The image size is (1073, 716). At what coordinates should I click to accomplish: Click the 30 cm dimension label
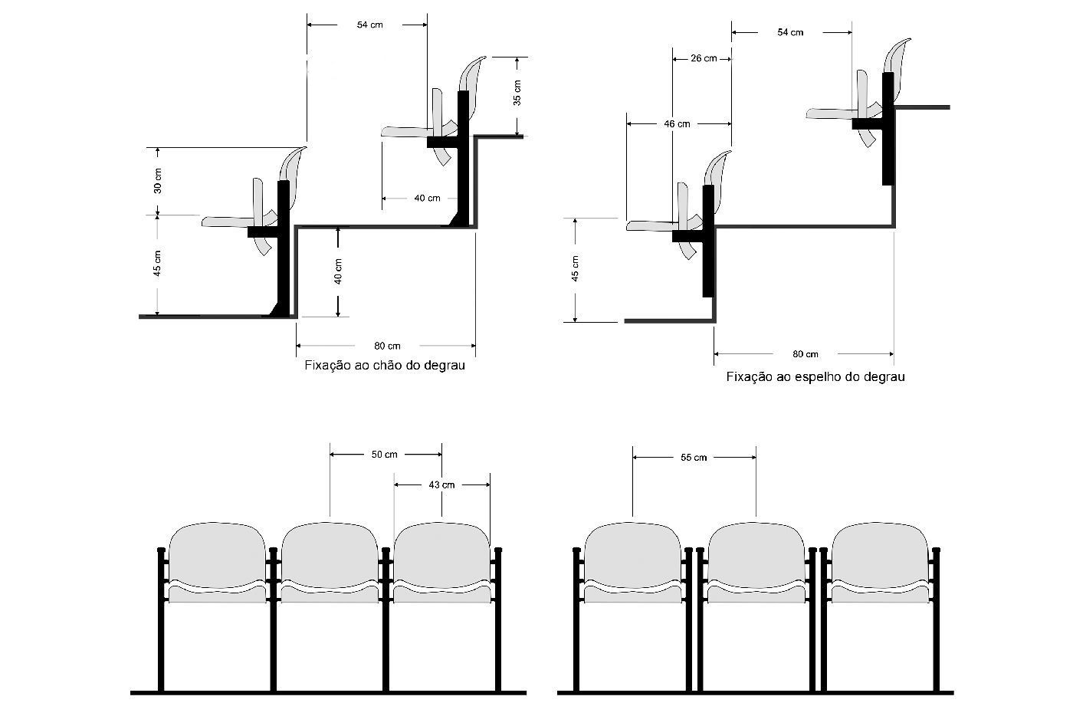(x=158, y=180)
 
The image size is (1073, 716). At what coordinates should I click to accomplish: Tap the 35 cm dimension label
(x=517, y=92)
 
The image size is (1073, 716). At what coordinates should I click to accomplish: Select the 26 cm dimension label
(x=703, y=58)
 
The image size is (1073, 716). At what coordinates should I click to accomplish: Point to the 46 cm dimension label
(x=676, y=123)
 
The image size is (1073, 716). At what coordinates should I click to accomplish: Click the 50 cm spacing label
(x=385, y=455)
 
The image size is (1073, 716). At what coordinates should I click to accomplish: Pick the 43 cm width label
(x=441, y=484)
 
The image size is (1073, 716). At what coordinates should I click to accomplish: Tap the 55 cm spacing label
(x=694, y=458)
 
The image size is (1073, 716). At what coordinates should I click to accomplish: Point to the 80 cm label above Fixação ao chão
(x=387, y=346)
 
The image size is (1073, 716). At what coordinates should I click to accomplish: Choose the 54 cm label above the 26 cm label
(x=790, y=32)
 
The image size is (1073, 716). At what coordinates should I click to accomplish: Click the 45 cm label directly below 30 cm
(x=158, y=263)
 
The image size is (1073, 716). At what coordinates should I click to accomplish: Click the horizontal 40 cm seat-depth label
(x=427, y=199)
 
